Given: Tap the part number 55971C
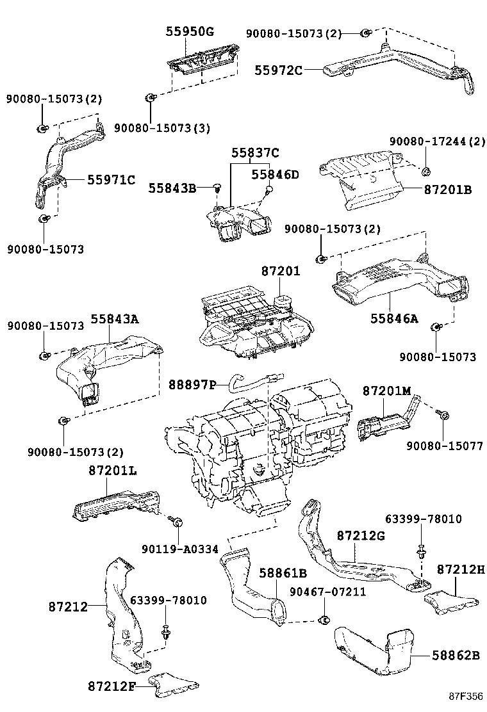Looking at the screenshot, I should pos(111,180).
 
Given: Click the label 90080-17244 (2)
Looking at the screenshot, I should pos(437,141).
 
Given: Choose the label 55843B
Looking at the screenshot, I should pos(172,188).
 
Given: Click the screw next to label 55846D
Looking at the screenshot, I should pos(270,189).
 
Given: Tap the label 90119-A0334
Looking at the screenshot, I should pos(180,549).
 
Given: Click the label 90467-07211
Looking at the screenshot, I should pos(327,592).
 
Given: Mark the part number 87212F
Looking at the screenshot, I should pos(111,686).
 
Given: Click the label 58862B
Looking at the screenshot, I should pos(455,655).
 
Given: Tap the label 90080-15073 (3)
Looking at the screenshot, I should pos(162,128).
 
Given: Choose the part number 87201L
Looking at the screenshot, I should pos(112,471).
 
